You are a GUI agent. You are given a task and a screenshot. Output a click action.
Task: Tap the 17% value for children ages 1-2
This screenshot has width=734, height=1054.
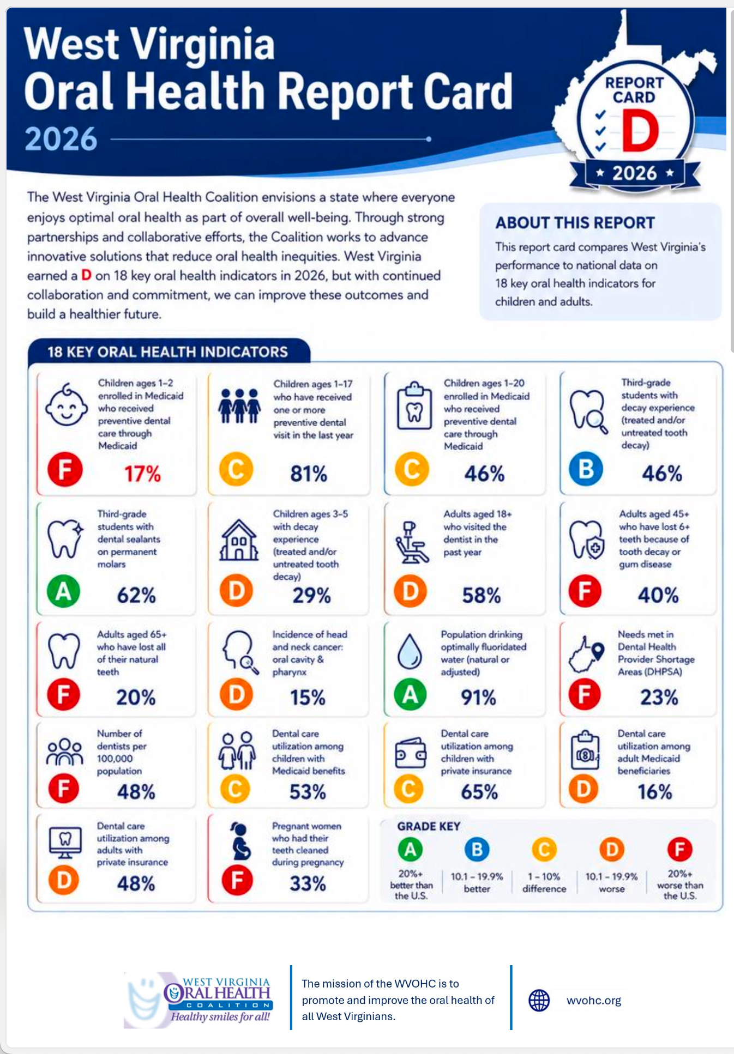[x=142, y=474]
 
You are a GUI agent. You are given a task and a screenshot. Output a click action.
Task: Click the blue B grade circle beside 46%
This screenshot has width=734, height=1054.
[x=586, y=469]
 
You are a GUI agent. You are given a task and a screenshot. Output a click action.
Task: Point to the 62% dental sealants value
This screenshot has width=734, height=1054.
[x=136, y=595]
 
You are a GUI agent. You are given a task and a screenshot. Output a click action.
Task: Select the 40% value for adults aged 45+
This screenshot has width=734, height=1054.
[x=658, y=595]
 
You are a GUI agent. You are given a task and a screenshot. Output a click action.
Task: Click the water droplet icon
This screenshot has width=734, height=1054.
[x=410, y=651]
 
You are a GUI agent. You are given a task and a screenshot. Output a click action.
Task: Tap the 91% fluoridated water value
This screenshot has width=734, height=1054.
[x=478, y=697]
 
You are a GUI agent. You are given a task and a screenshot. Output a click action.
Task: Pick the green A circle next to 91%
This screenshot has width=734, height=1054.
[x=410, y=694]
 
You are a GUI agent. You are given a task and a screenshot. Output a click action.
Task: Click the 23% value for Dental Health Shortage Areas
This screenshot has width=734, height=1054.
[x=659, y=697]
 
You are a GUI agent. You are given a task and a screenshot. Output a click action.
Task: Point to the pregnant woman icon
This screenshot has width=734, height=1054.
[x=240, y=841]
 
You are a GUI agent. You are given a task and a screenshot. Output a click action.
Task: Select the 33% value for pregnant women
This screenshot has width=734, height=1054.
[x=308, y=883]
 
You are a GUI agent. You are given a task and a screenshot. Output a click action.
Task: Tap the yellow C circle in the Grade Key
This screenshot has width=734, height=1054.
[x=544, y=849]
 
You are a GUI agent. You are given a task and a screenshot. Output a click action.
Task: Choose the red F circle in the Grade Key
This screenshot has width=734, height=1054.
[x=679, y=849]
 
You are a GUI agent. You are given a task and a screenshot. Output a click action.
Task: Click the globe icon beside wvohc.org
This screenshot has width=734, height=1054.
[x=539, y=1000]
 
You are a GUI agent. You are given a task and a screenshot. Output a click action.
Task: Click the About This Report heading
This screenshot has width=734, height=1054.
[x=575, y=223]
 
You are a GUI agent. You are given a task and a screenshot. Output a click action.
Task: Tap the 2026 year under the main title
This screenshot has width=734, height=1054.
[x=61, y=139]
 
